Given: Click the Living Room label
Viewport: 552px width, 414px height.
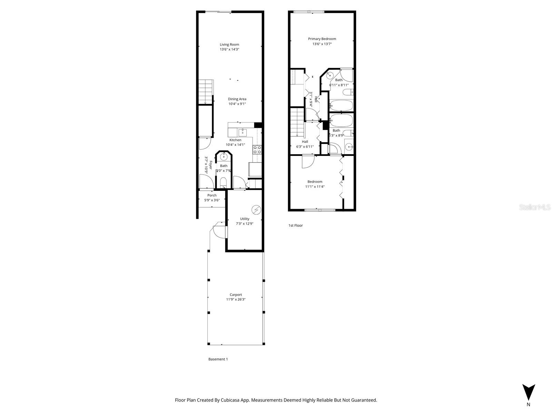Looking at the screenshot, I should pos(229,45).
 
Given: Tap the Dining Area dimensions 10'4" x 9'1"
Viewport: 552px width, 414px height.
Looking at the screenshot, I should pos(237,104).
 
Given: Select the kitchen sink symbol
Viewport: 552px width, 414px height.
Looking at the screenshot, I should pos(242,132).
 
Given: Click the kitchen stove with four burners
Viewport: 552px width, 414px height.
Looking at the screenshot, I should pos(257,149).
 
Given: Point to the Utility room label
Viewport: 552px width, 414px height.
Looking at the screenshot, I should pos(245,219).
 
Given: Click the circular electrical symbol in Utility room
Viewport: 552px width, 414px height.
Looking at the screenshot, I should pos(256,209).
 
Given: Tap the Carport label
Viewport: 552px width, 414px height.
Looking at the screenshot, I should pos(236,295).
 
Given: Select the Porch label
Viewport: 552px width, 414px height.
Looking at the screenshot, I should pos(212,195).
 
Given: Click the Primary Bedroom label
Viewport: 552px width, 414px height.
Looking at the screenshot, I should pos(322,39).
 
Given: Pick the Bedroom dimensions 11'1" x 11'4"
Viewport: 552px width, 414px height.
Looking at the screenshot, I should pos(315,187).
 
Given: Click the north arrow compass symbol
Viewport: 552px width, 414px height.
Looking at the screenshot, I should pos(528,393).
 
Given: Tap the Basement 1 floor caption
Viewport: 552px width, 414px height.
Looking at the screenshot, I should pos(218,359).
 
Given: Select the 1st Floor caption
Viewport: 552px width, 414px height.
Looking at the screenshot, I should pos(295,225).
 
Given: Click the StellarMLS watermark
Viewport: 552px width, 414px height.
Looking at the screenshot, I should pos(535,207).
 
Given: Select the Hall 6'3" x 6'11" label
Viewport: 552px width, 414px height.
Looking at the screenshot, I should pos(305,144).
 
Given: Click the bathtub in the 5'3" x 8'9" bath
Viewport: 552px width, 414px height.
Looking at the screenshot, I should pos(341,120).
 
